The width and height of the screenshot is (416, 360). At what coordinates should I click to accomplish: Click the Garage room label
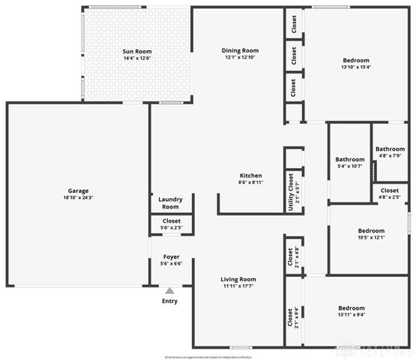78,190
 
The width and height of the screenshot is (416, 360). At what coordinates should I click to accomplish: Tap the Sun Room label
137,51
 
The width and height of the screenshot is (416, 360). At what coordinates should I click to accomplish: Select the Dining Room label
240,51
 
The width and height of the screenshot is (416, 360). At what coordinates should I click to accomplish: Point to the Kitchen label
250,175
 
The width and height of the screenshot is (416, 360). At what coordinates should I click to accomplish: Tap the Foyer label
171,256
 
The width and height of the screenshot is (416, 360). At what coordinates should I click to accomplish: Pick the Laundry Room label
171,203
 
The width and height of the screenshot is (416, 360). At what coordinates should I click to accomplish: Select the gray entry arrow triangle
170,290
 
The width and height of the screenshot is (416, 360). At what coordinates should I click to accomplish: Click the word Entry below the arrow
170,301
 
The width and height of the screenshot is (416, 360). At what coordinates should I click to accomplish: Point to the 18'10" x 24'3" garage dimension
78,197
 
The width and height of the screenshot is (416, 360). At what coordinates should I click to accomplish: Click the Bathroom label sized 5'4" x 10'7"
349,159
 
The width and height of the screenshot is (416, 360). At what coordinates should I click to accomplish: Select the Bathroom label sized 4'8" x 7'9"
390,148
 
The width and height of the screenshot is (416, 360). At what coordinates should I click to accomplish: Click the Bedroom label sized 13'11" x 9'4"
352,308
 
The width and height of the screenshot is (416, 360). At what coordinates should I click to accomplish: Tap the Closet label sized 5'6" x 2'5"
171,221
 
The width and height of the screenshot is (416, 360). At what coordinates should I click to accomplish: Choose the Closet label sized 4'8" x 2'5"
390,190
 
